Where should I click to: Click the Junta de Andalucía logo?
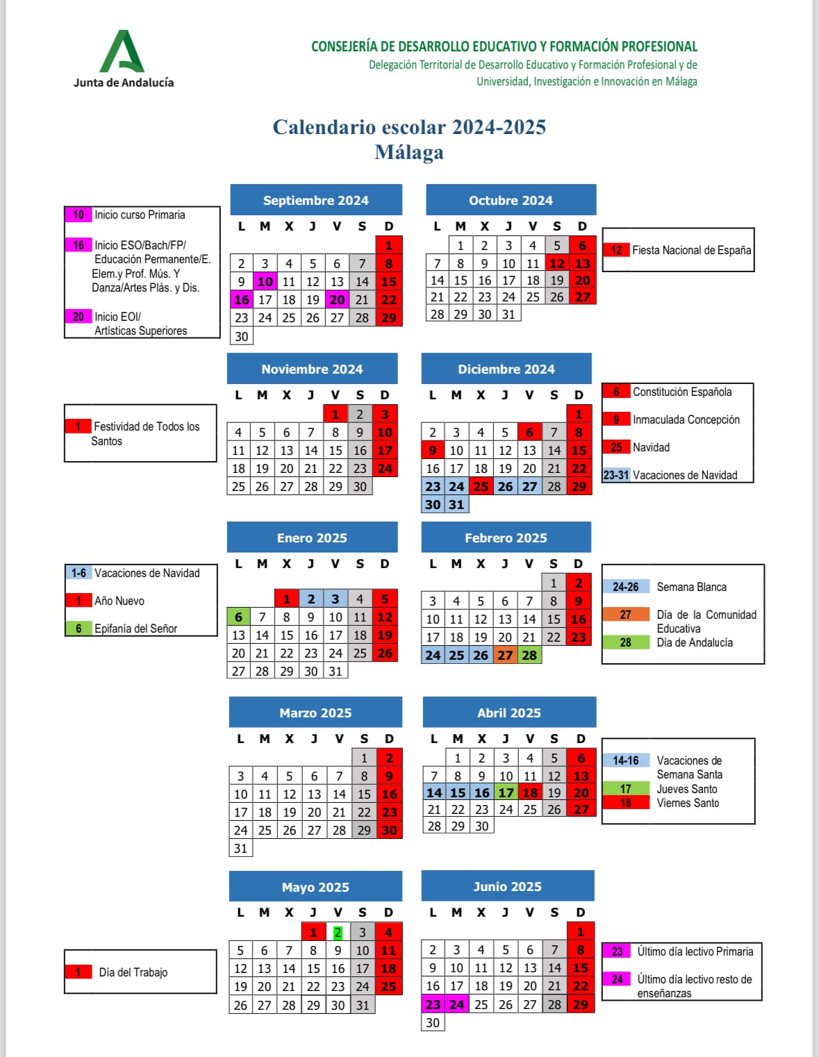pos(123,58)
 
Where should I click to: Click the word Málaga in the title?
pos(409,152)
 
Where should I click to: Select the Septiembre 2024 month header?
pos(316,200)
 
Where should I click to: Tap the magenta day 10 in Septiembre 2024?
pos(265,281)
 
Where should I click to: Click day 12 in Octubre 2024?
pos(557,263)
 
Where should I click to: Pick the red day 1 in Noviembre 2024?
pos(335,414)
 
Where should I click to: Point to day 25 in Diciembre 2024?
pos(481,486)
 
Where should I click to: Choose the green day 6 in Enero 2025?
pos(238,617)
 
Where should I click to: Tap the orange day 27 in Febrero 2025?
pos(505,655)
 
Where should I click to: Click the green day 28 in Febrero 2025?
pos(529,655)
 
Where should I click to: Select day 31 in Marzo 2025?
pos(240,848)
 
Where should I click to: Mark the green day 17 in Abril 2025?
pos(506,792)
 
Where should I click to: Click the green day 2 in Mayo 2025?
pos(338,933)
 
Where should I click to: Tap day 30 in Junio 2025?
pos(433,1022)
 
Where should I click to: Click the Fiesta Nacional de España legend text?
pos(691,250)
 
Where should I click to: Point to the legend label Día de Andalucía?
pos(695,642)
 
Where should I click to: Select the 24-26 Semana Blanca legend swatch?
pos(626,587)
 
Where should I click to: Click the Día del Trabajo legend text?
pos(133,972)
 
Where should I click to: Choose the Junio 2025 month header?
pos(508,886)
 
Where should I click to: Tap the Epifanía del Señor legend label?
pos(136,629)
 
